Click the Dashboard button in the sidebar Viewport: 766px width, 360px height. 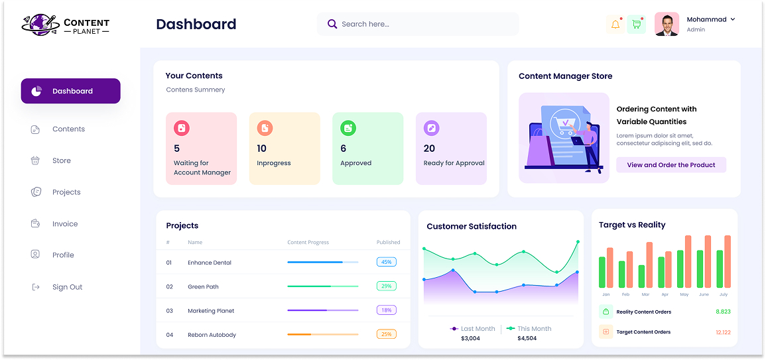70,91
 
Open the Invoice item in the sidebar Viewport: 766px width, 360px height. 64,224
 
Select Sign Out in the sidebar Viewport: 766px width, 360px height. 67,287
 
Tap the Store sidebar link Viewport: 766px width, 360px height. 61,160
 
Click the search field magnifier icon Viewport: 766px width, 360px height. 332,25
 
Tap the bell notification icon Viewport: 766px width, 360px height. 615,25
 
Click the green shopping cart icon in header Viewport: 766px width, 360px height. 637,25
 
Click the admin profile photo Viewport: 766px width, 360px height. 667,24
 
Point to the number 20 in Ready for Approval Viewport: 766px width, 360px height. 429,149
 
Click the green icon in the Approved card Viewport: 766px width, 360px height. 348,128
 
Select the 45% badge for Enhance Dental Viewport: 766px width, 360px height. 386,262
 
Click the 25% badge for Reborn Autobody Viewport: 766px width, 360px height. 386,334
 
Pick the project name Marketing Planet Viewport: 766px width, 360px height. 211,311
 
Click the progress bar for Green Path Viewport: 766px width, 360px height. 322,286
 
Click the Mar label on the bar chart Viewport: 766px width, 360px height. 645,294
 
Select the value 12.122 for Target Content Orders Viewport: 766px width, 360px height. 723,332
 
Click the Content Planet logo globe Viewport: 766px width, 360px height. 39,24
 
